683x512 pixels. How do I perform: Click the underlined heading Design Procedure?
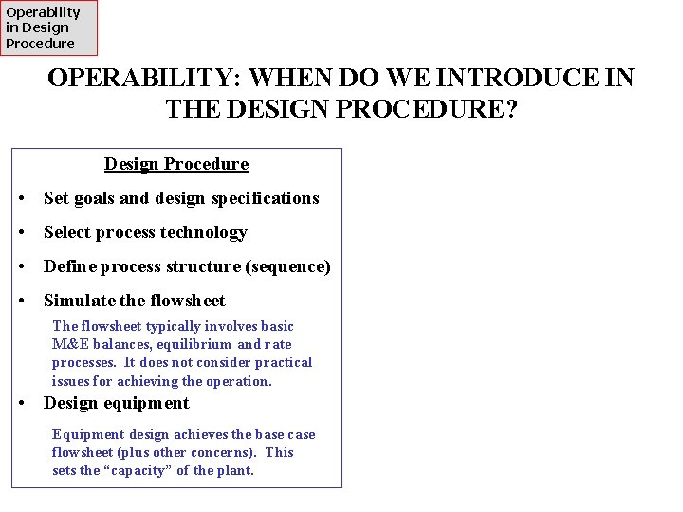(176, 164)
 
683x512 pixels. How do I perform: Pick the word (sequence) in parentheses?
(288, 266)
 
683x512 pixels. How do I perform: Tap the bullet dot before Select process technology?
(22, 233)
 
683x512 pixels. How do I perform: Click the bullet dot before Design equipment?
(22, 404)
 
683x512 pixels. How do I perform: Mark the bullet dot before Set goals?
(22, 199)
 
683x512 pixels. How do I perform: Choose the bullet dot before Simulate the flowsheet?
(22, 302)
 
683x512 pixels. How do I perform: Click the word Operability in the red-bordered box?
(44, 12)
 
